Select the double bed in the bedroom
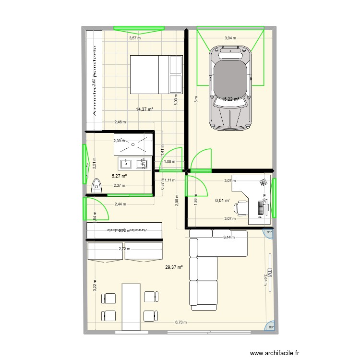point(156,74)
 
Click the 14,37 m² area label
point(144,109)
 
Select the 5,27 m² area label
point(119,176)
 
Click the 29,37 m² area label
point(174,267)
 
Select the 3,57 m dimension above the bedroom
point(134,39)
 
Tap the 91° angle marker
point(269,232)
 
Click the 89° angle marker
point(270,327)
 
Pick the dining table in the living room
point(131,307)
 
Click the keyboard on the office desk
point(261,208)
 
